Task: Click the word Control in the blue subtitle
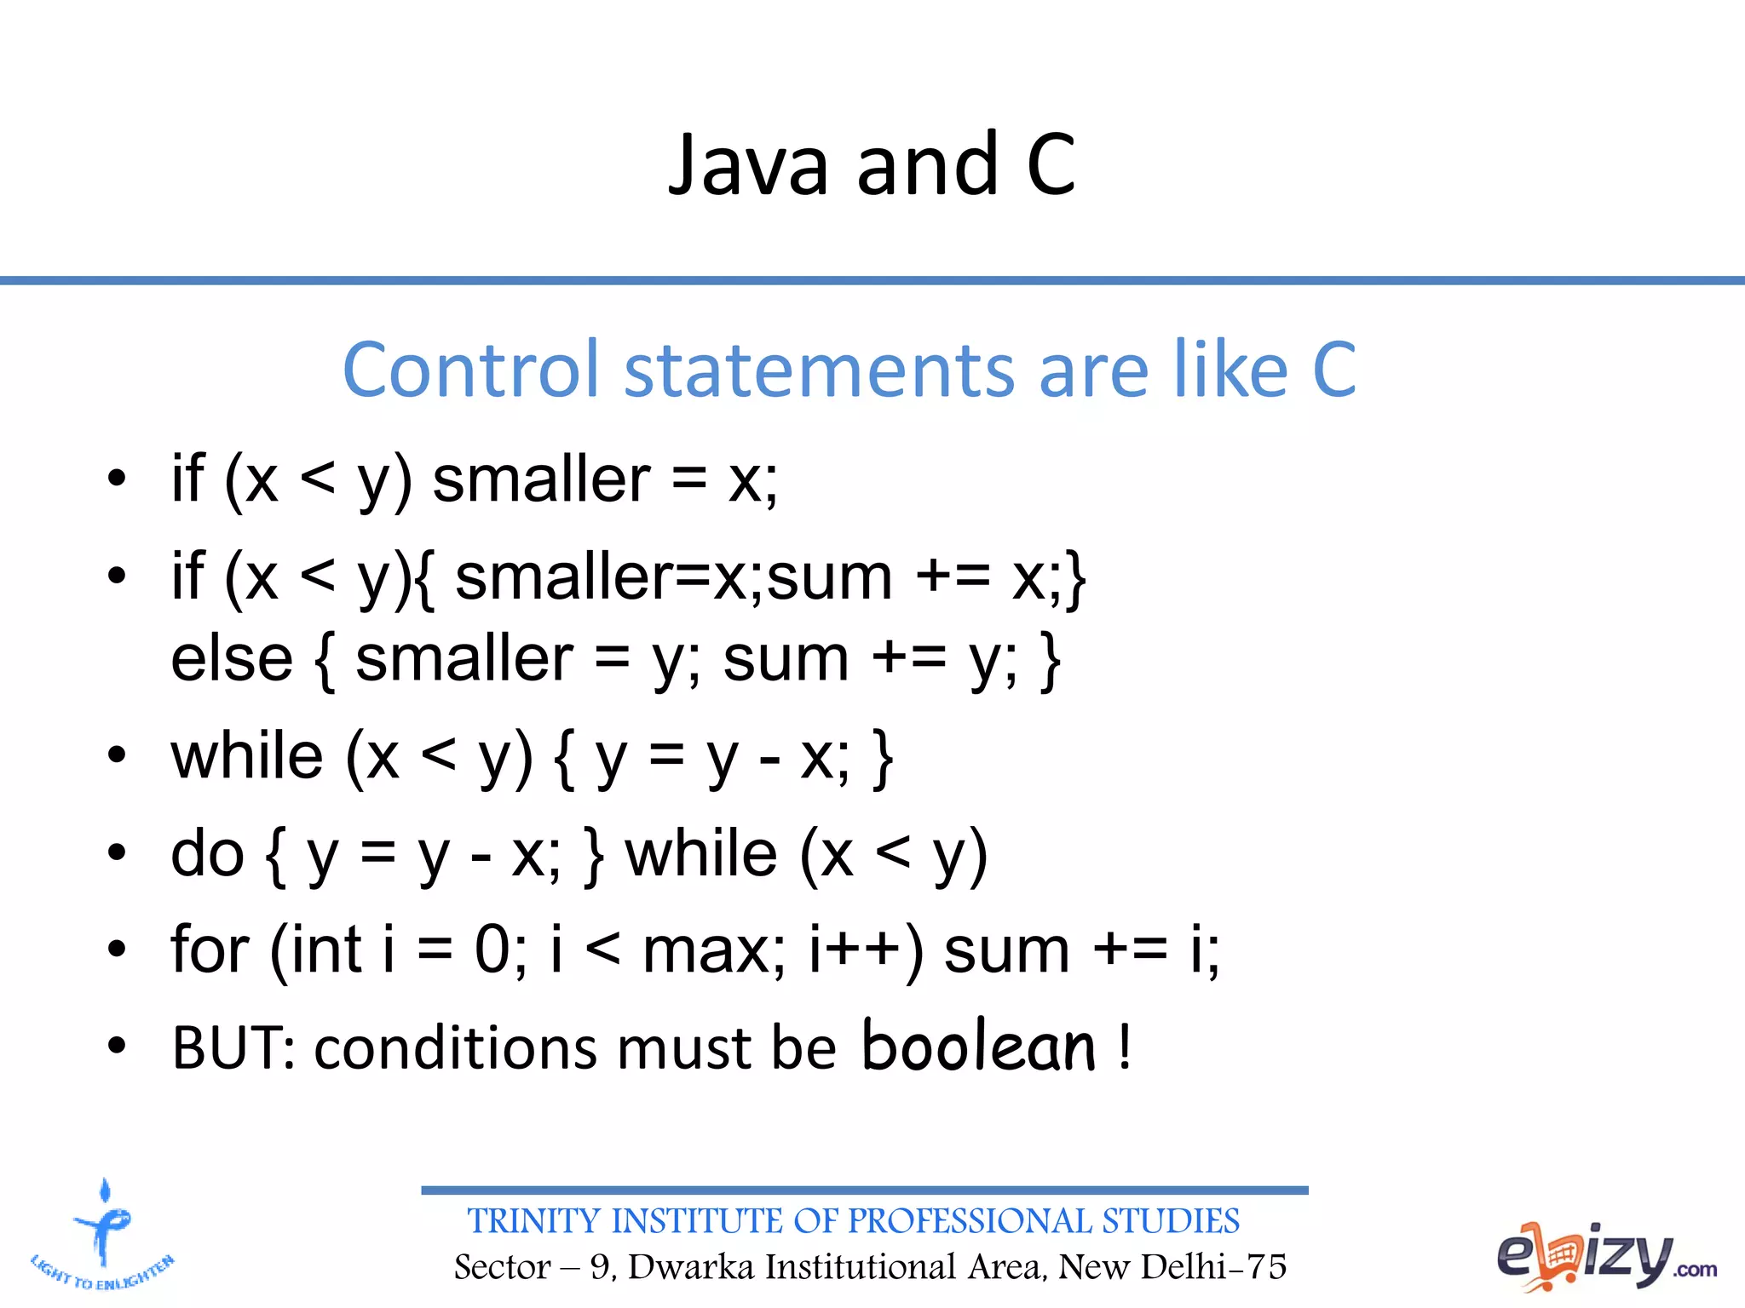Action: pyautogui.click(x=470, y=370)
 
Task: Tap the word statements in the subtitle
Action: pyautogui.click(x=819, y=370)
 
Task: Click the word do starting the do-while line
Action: pyautogui.click(x=208, y=853)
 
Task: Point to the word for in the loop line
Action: pyautogui.click(x=210, y=949)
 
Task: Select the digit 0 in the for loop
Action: pyautogui.click(x=492, y=949)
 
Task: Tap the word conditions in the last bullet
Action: pyautogui.click(x=457, y=1047)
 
